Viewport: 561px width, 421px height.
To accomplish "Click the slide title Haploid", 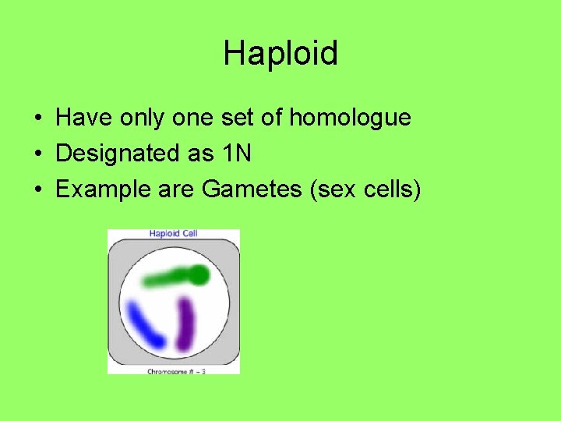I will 280,54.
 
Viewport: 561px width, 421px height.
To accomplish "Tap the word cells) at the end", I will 392,189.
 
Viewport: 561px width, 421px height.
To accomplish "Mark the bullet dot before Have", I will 37,119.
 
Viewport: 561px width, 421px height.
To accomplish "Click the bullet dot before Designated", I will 37,154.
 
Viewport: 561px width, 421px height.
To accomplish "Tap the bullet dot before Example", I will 37,189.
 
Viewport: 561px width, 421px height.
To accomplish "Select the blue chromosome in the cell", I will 146,325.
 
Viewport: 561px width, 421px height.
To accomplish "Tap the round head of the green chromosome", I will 200,274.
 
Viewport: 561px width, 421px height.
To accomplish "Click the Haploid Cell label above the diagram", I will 173,234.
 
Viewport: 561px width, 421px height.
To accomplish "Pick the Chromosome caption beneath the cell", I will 175,371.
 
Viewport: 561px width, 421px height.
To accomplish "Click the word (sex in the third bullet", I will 333,189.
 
